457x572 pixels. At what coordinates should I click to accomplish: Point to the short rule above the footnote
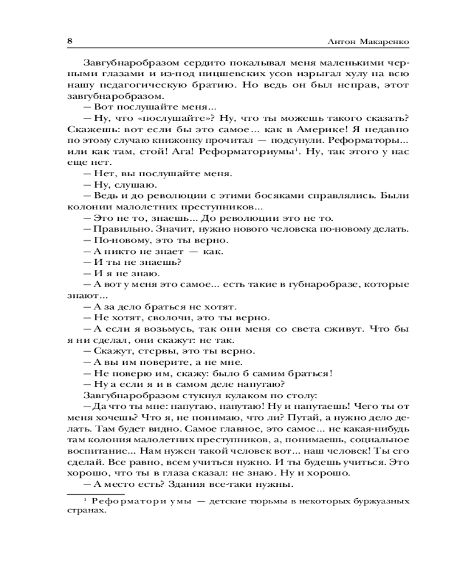point(91,494)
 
